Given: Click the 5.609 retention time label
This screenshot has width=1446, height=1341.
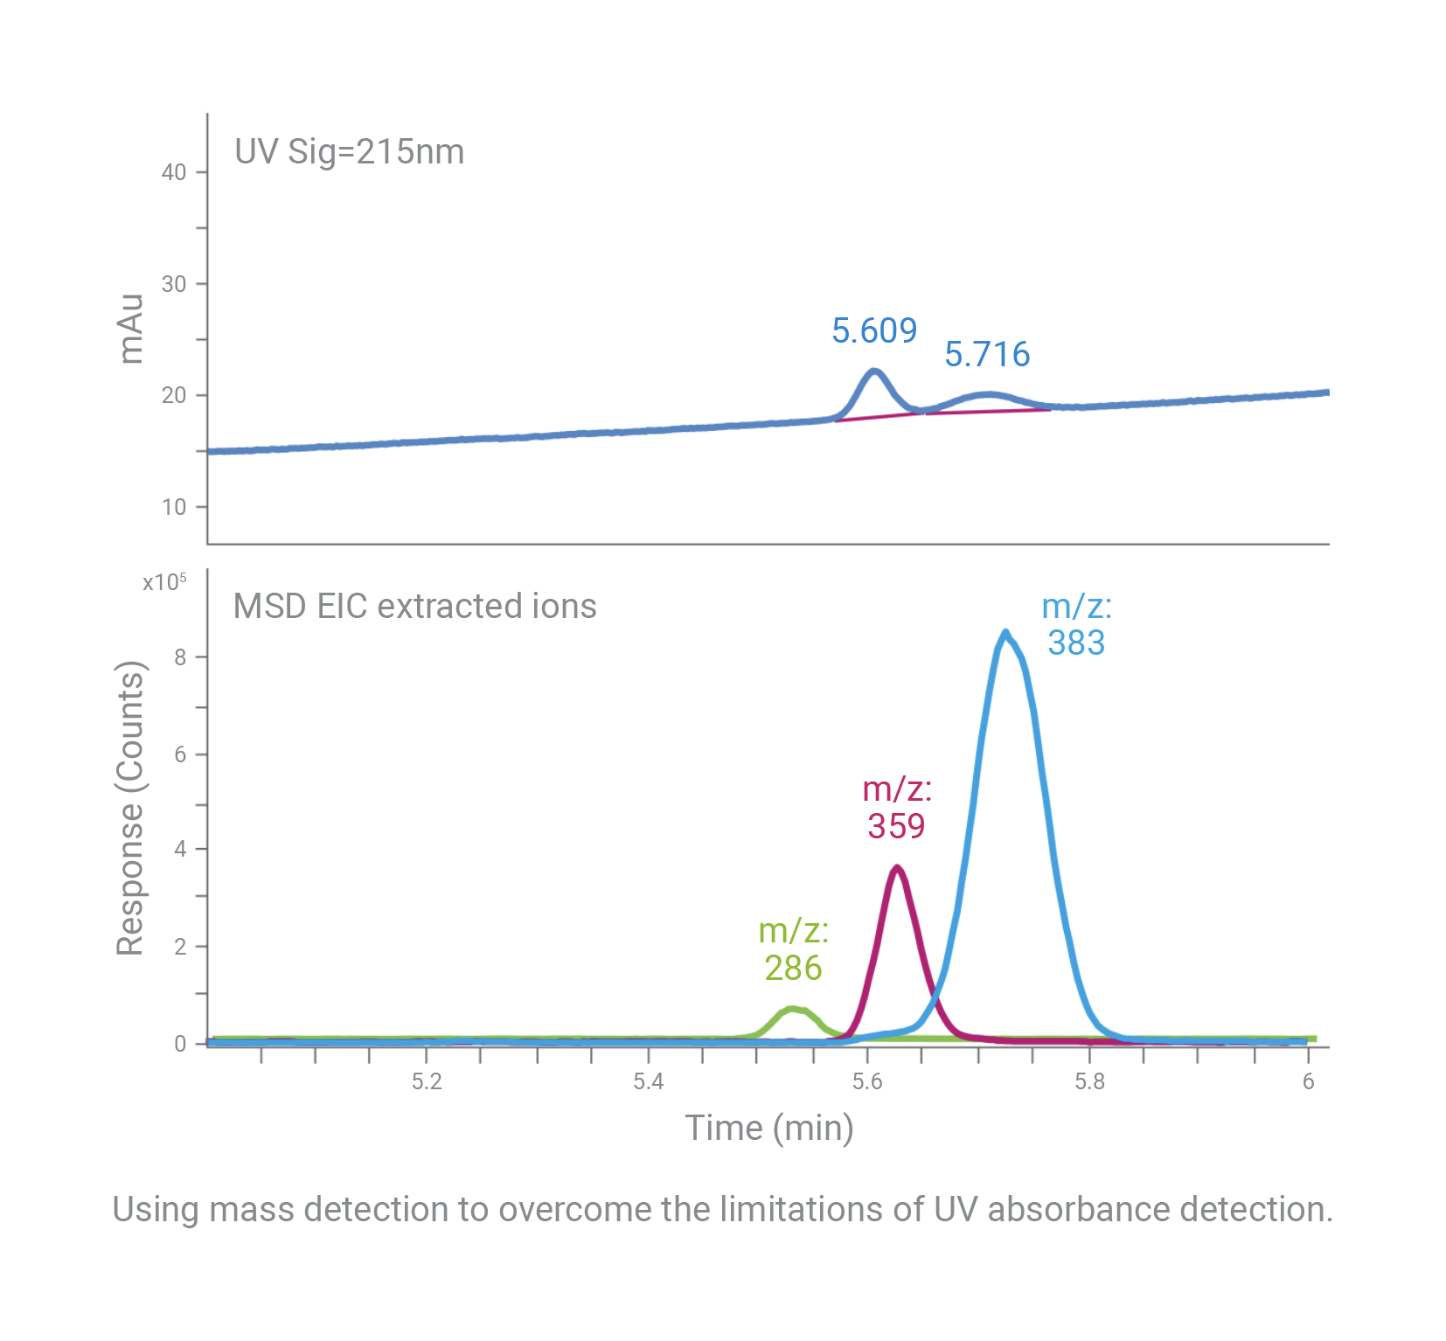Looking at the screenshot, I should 873,330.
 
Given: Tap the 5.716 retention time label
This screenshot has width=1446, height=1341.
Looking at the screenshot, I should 987,354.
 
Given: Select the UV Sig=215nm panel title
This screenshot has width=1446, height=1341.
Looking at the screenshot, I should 349,151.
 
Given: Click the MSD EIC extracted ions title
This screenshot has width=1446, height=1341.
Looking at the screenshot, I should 414,606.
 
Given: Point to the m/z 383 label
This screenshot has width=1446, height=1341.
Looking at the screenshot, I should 1076,625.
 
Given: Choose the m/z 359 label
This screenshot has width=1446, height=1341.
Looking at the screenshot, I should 896,808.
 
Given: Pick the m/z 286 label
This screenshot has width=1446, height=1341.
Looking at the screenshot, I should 793,949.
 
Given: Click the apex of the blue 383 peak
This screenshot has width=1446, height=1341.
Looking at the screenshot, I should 1005,632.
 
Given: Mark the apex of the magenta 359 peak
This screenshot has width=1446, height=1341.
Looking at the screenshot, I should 896,867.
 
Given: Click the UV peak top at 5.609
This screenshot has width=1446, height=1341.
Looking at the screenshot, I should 874,372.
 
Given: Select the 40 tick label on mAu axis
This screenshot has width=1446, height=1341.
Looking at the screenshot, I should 174,172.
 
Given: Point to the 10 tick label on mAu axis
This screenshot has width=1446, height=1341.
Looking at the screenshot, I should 174,507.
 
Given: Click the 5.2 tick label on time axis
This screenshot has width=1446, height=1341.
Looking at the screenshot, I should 427,1081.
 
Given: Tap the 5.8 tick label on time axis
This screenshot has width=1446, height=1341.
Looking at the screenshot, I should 1089,1081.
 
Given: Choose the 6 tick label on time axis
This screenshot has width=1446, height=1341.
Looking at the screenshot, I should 1308,1081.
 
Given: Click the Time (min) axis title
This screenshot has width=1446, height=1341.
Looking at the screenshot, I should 768,1128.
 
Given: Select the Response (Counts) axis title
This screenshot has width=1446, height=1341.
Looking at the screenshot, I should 130,809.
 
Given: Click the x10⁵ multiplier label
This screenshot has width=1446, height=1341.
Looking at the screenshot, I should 164,582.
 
